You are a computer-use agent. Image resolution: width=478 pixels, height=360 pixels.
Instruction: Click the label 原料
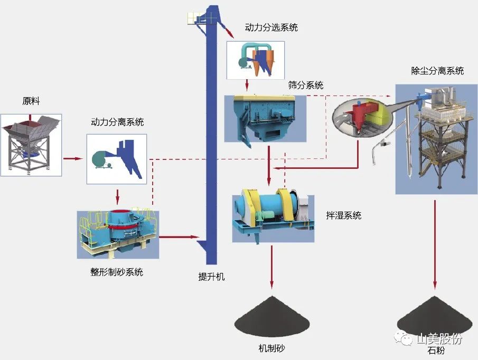tap(31, 101)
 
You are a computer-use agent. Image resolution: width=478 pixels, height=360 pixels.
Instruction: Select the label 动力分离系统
tap(117, 122)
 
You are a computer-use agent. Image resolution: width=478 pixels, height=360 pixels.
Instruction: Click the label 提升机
tap(211, 277)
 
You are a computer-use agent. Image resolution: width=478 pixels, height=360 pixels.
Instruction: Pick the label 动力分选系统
tap(271, 27)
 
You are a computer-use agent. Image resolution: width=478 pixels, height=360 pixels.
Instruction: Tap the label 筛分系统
tap(306, 85)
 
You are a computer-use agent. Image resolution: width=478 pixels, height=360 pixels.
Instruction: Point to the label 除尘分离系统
tap(437, 71)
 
